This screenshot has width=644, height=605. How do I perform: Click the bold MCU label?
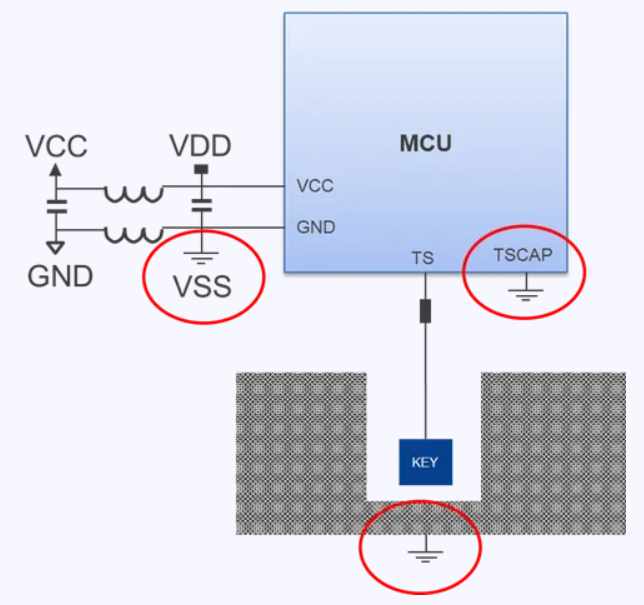[426, 143]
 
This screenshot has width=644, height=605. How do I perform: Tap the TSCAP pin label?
[523, 255]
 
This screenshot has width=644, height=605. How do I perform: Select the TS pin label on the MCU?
[423, 258]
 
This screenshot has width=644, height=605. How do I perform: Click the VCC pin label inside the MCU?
[315, 186]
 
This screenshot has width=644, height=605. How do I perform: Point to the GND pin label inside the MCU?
[316, 227]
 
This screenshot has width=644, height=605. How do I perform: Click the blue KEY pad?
[426, 462]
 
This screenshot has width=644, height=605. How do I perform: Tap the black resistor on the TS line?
[426, 311]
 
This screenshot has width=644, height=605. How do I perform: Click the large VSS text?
[202, 286]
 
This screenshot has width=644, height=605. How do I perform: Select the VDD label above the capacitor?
[200, 146]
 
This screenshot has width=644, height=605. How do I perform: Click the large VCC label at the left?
[56, 146]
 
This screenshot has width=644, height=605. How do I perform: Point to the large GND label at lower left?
[60, 276]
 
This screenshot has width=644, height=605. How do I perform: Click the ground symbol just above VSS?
[201, 258]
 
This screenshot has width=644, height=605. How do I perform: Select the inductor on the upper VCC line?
[134, 194]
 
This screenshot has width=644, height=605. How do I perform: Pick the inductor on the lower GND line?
[134, 235]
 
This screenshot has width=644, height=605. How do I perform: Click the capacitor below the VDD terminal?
[201, 205]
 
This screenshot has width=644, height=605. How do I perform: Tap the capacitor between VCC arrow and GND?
[56, 207]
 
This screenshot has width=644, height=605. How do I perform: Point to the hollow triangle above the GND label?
[56, 248]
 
